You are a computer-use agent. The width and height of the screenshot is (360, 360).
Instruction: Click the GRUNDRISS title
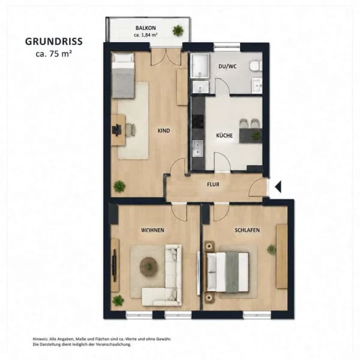54,41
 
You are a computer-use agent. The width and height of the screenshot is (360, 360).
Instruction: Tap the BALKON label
146,28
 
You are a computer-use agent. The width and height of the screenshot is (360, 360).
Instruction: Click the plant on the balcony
178,30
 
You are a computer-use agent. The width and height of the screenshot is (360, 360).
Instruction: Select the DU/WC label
227,67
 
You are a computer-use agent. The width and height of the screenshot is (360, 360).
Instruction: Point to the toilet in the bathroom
256,65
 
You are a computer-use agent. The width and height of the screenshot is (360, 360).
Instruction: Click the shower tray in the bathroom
200,65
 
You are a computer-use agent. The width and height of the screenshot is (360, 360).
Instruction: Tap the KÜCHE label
224,136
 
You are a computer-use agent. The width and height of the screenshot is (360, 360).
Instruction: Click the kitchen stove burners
198,121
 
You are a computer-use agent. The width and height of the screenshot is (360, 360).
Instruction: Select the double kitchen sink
197,148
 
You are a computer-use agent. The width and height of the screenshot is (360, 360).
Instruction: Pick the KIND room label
164,131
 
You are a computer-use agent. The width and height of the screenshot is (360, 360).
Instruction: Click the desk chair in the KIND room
130,130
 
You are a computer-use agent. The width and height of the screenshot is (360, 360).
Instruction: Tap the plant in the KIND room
119,186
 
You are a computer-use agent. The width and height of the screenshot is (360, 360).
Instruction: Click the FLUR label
213,184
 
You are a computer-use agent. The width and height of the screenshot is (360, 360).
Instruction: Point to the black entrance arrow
278,187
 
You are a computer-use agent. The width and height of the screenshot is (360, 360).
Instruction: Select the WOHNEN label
153,230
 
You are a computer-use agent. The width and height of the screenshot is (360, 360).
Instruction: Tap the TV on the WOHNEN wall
115,265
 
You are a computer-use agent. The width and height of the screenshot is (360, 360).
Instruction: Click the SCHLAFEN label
247,230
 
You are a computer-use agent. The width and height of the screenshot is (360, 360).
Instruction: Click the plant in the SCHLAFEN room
271,249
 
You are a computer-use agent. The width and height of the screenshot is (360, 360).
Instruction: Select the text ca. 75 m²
54,54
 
